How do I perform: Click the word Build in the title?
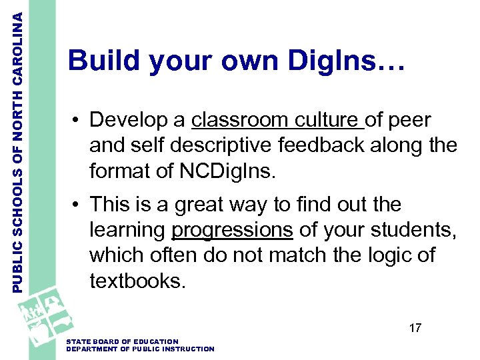(104, 61)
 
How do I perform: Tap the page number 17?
(415, 328)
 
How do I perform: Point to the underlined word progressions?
(232, 230)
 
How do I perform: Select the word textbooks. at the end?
(137, 281)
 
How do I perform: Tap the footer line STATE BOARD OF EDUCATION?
(123, 341)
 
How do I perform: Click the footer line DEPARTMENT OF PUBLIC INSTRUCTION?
(140, 349)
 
